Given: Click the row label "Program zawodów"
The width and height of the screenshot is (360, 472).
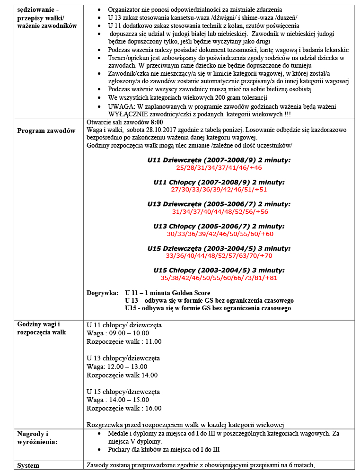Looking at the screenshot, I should pos(46,131).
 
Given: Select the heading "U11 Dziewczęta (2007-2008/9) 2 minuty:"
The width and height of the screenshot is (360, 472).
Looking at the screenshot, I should pos(219,160).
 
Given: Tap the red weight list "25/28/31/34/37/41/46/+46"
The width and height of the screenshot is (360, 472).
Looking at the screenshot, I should pos(219,167).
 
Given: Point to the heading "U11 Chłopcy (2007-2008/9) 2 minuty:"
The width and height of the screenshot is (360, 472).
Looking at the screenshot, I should pos(219,182).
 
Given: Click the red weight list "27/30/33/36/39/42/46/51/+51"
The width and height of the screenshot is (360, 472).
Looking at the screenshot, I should pos(219,189).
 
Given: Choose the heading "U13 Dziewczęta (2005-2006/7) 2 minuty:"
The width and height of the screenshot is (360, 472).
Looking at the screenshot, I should pos(219,204).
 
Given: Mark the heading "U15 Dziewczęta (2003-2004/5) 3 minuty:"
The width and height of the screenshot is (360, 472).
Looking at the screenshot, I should pos(219,248).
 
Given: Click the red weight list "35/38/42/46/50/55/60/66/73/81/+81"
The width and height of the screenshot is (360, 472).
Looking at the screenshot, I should pos(219,278).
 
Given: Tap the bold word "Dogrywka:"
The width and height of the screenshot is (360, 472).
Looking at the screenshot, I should pos(102,293).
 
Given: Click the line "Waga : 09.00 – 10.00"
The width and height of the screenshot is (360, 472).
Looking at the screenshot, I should pos(118,333).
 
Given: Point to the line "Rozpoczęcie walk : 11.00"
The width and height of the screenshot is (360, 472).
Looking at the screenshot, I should pos(124,341).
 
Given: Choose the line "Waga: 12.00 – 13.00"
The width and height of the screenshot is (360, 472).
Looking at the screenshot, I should pos(117,367).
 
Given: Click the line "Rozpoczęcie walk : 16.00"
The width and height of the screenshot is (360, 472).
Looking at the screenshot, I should pos(124,408).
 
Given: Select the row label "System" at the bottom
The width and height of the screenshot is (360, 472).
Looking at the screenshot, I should pos(28,465).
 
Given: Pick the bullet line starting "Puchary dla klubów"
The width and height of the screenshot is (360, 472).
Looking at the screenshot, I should pos(163,449).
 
